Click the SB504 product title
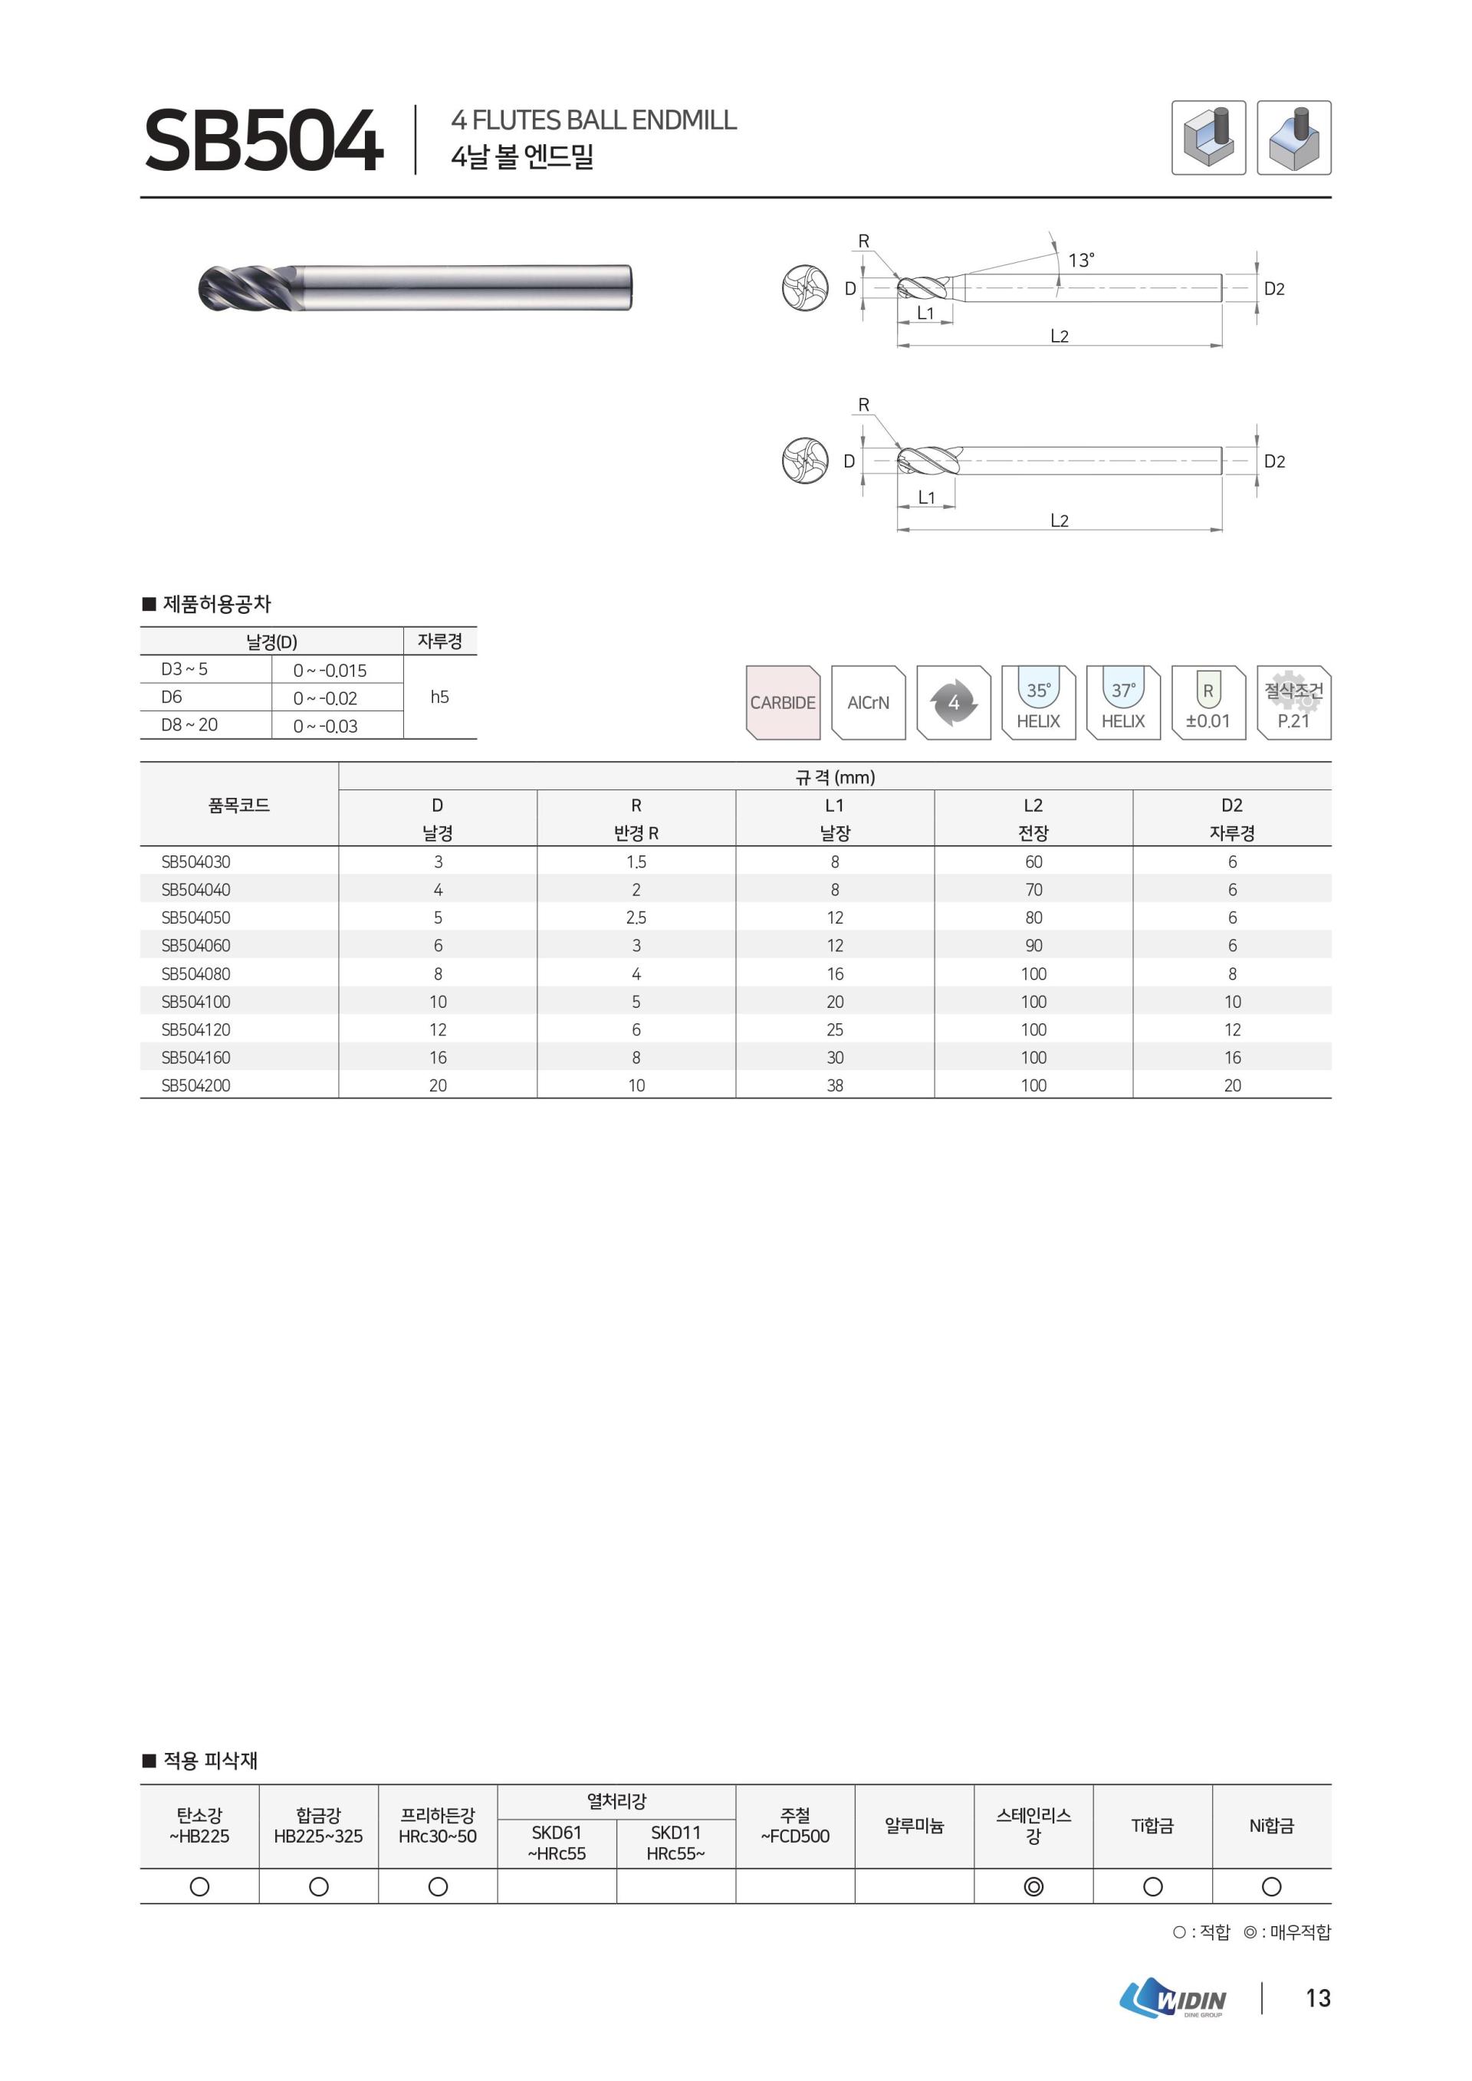[263, 140]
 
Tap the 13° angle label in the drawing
[1080, 260]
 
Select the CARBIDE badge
[782, 702]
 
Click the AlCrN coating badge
[867, 702]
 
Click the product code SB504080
[195, 973]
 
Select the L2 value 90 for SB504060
[1033, 945]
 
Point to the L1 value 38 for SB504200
[835, 1085]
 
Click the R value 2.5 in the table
[636, 917]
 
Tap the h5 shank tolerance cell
[439, 697]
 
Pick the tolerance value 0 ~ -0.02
[325, 698]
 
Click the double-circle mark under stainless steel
[1033, 1886]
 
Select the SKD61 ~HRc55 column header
[557, 1843]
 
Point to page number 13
[1318, 1997]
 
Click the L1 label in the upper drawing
[925, 313]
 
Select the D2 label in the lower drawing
[1273, 461]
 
